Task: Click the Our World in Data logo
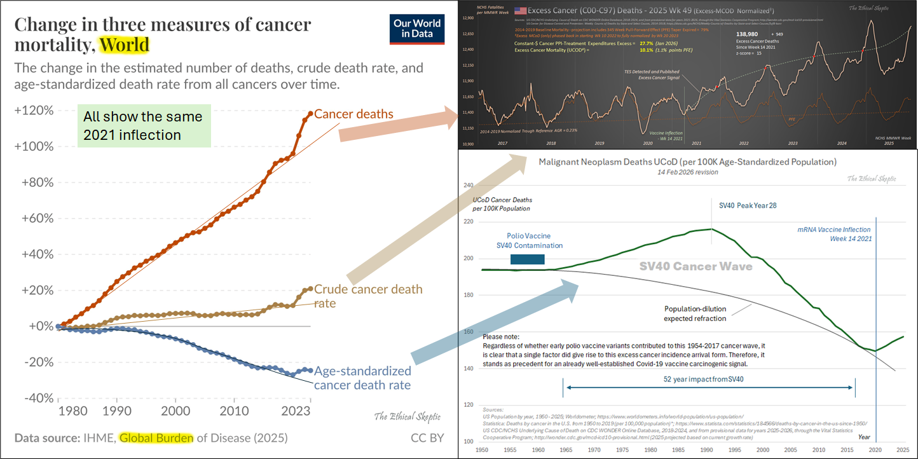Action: pyautogui.click(x=417, y=28)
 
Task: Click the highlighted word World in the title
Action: pyautogui.click(x=124, y=45)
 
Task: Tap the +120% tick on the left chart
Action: pyautogui.click(x=34, y=111)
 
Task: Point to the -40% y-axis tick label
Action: pyautogui.click(x=34, y=398)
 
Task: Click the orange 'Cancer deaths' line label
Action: pyautogui.click(x=353, y=114)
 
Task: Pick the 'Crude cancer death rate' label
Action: pyautogui.click(x=368, y=296)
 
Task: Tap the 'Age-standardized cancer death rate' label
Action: pyautogui.click(x=362, y=378)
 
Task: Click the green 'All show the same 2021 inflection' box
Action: pyautogui.click(x=144, y=126)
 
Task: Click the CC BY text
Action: pyautogui.click(x=427, y=438)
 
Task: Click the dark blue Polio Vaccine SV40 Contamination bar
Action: pyautogui.click(x=528, y=259)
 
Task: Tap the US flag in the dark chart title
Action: pyautogui.click(x=520, y=10)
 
